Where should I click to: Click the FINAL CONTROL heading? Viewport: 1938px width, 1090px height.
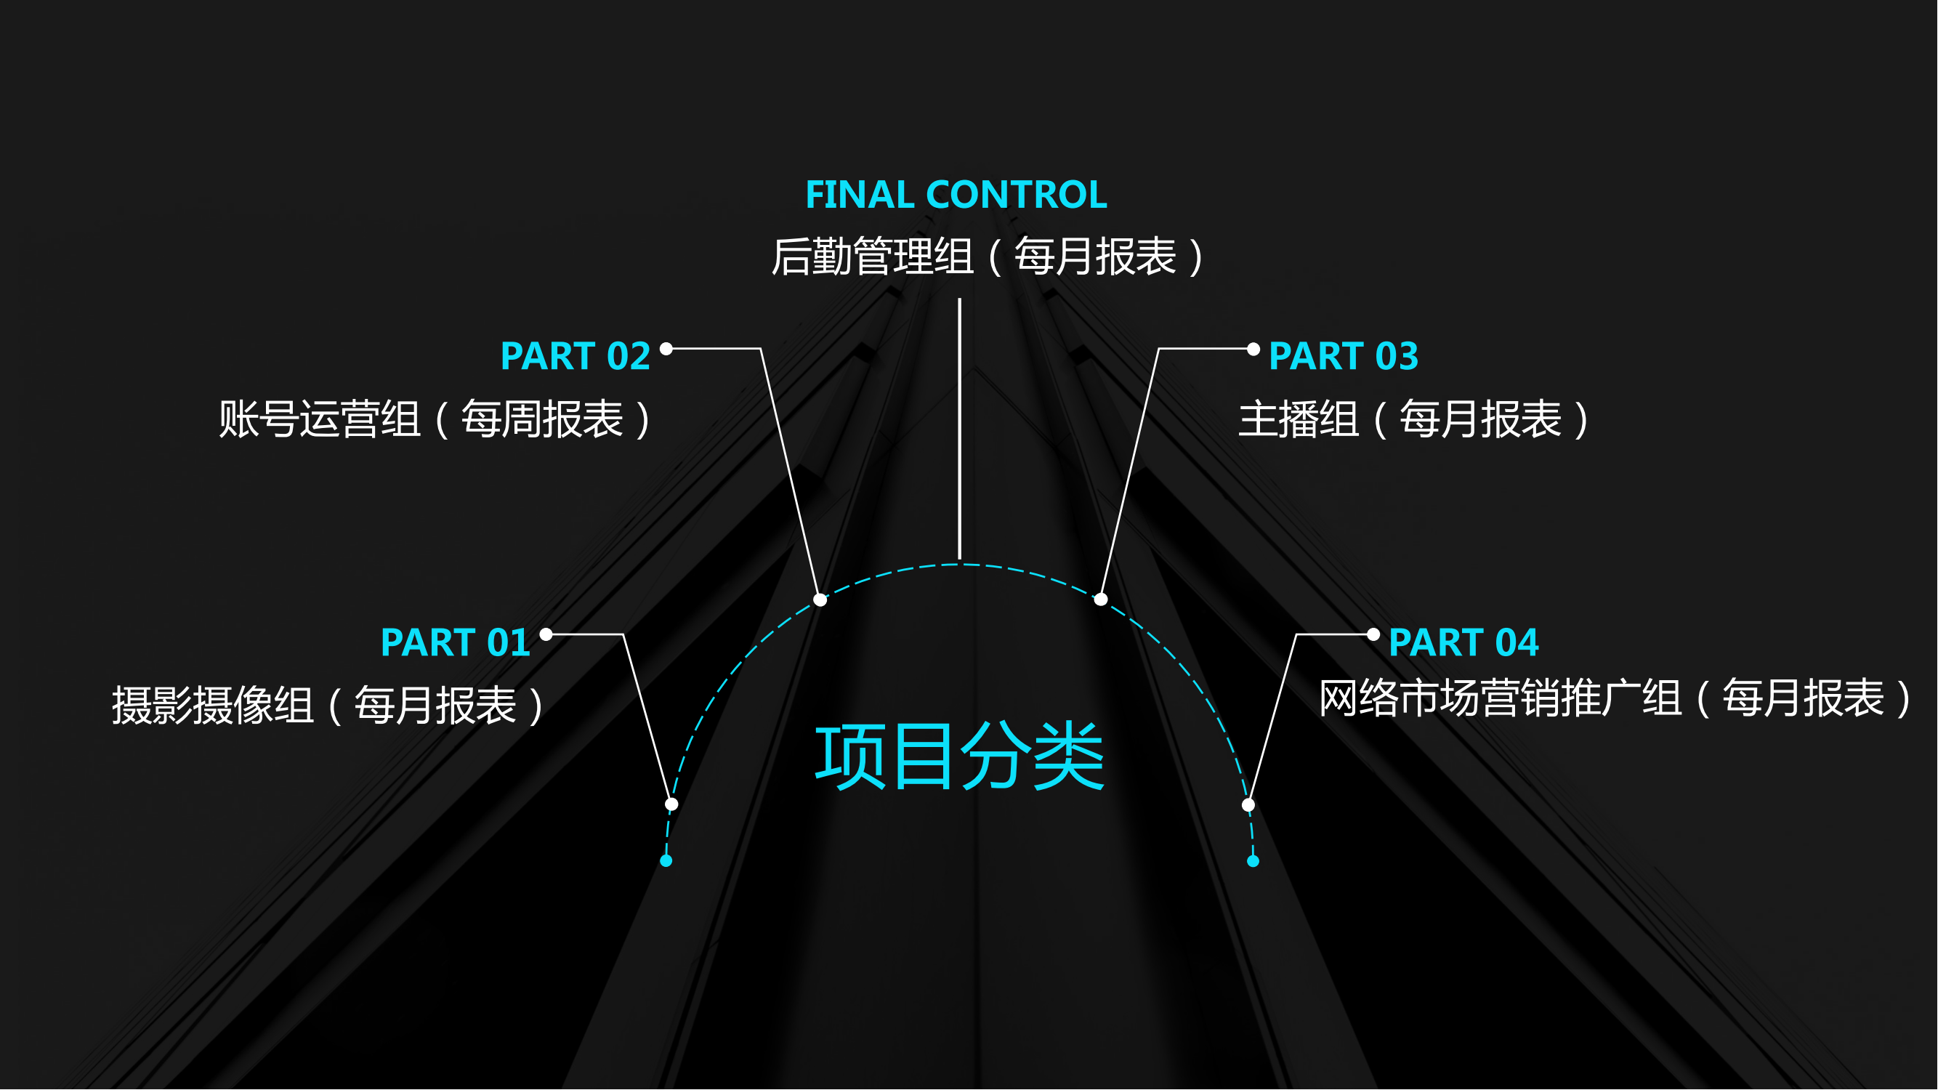coord(956,195)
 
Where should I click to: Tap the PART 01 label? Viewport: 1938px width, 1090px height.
coord(456,642)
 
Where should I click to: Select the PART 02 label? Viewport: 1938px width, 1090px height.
coord(576,356)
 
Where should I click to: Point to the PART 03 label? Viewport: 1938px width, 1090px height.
coord(1344,356)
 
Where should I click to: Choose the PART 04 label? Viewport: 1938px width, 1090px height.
coord(1464,642)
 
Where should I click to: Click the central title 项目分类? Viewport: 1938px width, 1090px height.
coord(960,756)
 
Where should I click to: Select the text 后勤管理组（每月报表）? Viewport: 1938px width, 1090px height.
coord(988,257)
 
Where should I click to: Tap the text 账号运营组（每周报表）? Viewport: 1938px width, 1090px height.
coord(435,419)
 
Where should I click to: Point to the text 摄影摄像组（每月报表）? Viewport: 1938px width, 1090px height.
coord(328,706)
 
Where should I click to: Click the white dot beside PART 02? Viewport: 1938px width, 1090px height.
coord(666,348)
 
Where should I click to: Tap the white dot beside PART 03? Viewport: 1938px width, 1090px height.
coord(1253,349)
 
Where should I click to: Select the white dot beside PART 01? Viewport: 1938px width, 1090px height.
coord(547,634)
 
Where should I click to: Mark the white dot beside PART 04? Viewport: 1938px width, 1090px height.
coord(1374,635)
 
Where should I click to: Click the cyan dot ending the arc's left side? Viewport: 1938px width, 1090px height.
coord(666,861)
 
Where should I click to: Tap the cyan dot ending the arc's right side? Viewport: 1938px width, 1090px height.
coord(1253,861)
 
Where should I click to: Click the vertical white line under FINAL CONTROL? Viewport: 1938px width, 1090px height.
coord(960,429)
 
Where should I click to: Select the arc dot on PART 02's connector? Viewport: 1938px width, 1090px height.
coord(821,599)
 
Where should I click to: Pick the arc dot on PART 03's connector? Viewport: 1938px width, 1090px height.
coord(1102,599)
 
